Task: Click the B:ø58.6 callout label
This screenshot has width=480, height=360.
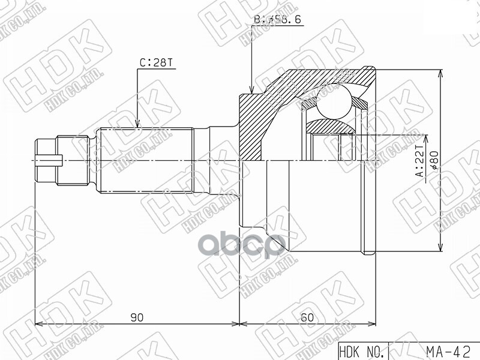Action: coord(277,20)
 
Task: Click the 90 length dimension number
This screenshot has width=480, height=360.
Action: coord(137,318)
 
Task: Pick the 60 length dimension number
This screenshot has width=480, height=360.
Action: coord(307,318)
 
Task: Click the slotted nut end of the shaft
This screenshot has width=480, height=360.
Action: coord(46,161)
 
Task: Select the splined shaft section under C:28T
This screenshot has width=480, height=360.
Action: coord(144,160)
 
